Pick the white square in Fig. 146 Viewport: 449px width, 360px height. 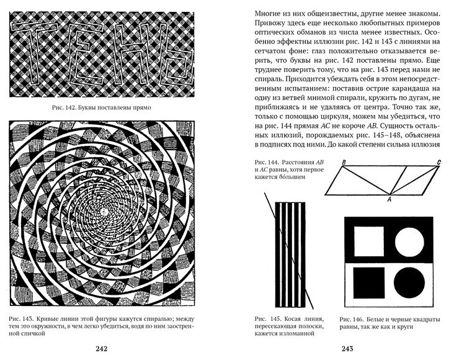[368, 242]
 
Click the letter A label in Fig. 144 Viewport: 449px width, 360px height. [389, 199]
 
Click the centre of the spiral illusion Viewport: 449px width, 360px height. [113, 212]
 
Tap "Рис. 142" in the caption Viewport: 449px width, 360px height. [68, 107]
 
